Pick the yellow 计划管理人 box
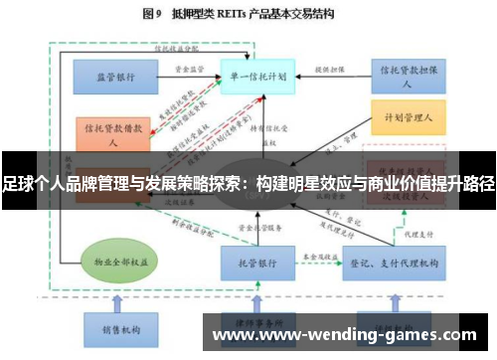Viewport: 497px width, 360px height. [x=408, y=117]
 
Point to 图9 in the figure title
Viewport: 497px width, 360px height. [x=154, y=15]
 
